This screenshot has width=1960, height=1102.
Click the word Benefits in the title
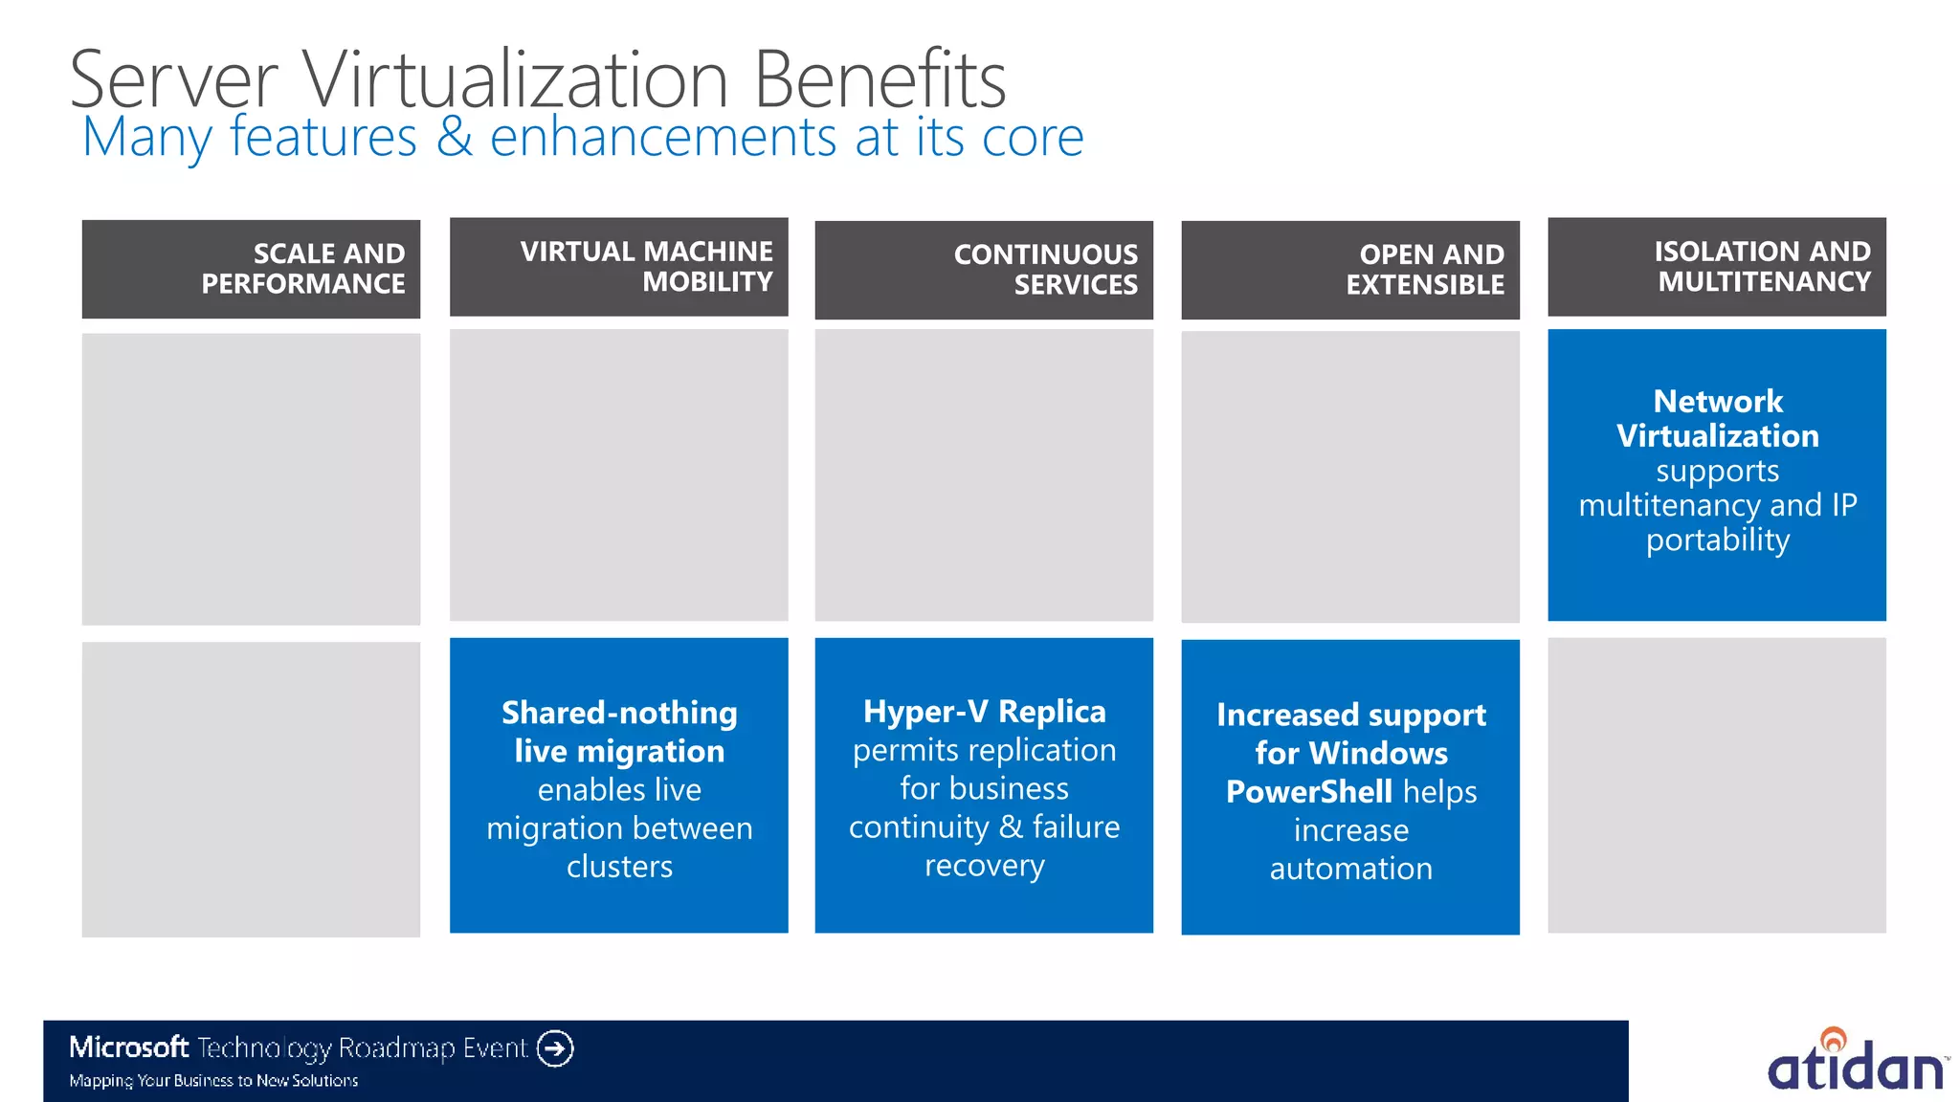(x=880, y=79)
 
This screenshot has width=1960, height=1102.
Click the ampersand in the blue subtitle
(x=455, y=137)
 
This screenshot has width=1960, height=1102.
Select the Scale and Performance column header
(x=251, y=269)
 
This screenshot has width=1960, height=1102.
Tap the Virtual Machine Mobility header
(x=618, y=267)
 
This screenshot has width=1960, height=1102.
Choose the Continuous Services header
(x=984, y=270)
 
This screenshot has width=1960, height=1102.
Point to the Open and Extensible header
(x=1350, y=270)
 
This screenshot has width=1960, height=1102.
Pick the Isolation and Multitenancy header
(x=1717, y=267)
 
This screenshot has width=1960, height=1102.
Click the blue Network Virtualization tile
(x=1717, y=474)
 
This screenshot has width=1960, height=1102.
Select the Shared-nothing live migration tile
(x=618, y=785)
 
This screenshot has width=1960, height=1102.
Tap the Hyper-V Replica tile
(x=984, y=785)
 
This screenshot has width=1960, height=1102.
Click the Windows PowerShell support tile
(x=1350, y=787)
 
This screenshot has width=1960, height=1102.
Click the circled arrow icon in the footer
(x=555, y=1048)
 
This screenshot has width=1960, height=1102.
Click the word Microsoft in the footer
(x=128, y=1047)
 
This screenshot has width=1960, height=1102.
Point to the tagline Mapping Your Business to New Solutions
(x=213, y=1081)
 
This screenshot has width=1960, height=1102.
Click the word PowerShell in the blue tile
(x=1308, y=792)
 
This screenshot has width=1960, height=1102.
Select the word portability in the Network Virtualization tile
(x=1717, y=540)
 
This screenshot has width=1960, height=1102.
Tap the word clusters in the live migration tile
(x=619, y=867)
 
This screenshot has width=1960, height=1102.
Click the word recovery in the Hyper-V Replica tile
(x=984, y=866)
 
